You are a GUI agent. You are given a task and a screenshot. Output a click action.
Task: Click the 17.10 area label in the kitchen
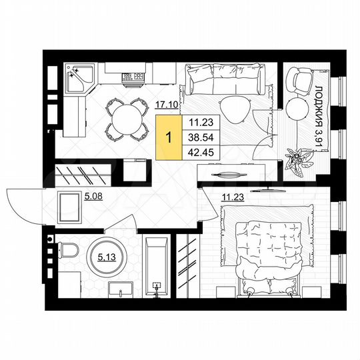[166, 104]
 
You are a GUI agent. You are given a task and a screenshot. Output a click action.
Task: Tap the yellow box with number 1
[168, 138]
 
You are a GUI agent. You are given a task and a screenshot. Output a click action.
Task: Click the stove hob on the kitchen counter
[133, 78]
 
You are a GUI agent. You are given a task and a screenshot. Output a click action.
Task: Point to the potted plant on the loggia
[297, 159]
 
